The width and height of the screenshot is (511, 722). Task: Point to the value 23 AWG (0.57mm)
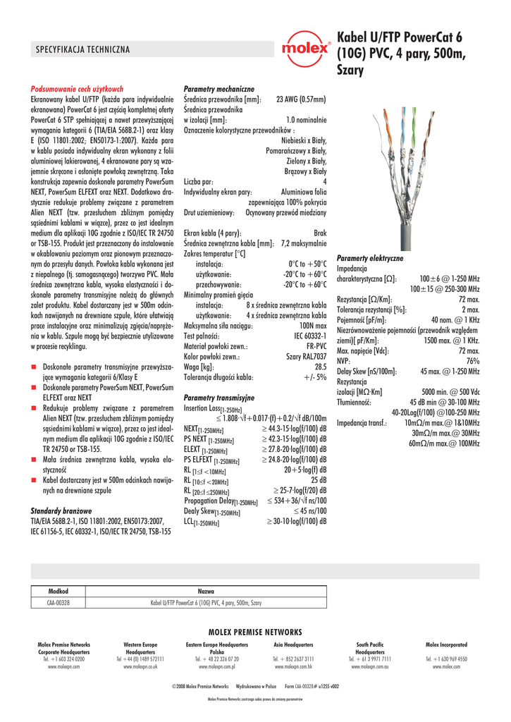pyautogui.click(x=300, y=99)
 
